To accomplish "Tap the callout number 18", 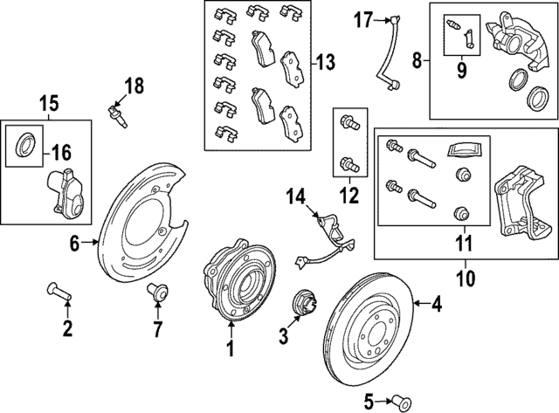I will tap(133, 86).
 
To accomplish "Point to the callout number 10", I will tap(464, 281).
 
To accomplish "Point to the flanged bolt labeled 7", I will tap(158, 292).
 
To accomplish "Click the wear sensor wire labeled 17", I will tap(384, 52).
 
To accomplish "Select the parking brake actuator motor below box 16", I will tap(64, 191).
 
